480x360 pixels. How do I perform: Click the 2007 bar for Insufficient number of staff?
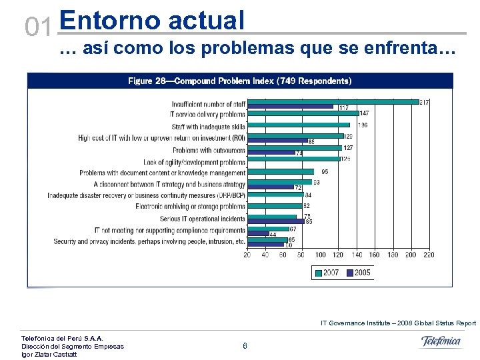[x=333, y=102]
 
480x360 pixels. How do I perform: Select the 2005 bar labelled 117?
[x=290, y=107]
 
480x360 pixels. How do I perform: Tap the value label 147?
[x=365, y=114]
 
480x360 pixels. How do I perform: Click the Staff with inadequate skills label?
[x=208, y=127]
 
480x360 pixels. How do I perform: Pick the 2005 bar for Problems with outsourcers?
[x=271, y=153]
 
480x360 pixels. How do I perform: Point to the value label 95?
[x=325, y=172]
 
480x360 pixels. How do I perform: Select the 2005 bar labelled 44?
[x=257, y=233]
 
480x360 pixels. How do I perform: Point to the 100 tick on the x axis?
[x=320, y=255]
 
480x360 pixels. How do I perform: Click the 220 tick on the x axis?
[x=429, y=255]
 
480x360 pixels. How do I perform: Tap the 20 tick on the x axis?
[x=247, y=255]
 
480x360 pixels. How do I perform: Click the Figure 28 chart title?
[x=239, y=81]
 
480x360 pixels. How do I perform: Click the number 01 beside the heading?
[x=37, y=27]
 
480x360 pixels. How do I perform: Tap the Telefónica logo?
[x=441, y=342]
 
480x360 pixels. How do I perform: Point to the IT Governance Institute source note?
[x=398, y=323]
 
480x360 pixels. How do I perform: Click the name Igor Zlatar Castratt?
[x=49, y=354]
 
